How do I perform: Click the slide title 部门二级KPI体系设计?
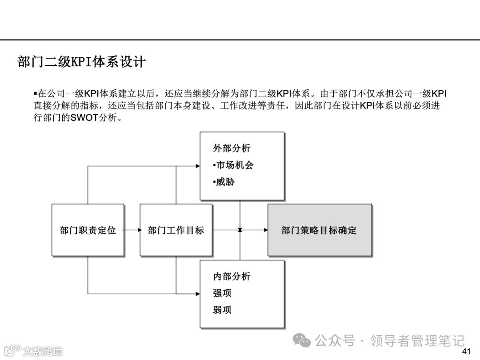point(81,62)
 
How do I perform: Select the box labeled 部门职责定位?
point(88,230)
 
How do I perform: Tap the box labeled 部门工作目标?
point(176,230)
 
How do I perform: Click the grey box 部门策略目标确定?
point(319,230)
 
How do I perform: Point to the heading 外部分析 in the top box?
point(232,148)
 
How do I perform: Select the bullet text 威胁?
point(225,182)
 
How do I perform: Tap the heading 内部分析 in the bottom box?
point(232,276)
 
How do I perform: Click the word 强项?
point(222,293)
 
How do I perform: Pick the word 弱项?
point(222,310)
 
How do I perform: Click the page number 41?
point(466,352)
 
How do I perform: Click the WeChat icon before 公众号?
point(304,341)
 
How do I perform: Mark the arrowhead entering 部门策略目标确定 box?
point(265,230)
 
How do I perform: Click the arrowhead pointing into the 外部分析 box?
point(198,166)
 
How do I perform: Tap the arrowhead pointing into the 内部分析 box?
point(198,294)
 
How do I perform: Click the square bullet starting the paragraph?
point(36,94)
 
